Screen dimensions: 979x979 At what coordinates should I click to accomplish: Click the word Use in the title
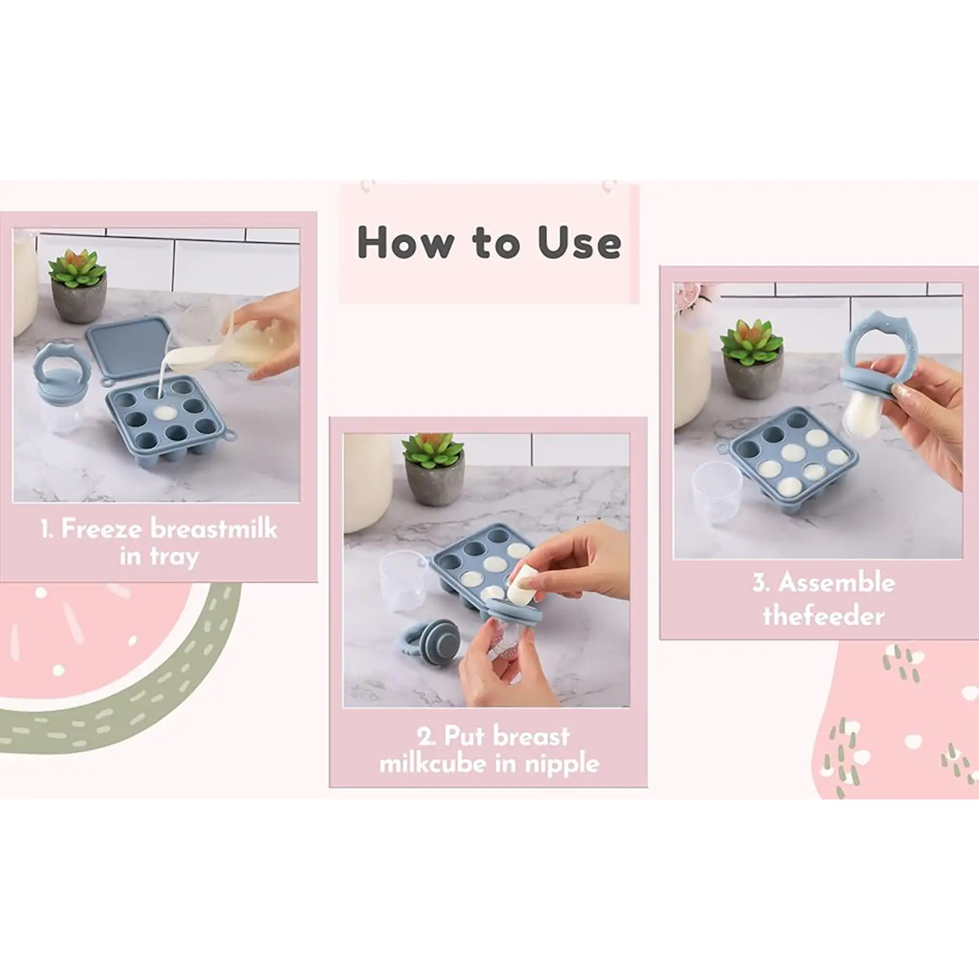coord(579,243)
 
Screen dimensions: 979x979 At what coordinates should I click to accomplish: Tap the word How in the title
coord(405,243)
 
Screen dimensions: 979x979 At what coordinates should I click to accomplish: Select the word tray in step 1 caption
coord(174,557)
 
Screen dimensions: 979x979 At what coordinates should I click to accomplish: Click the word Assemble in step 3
coord(837,582)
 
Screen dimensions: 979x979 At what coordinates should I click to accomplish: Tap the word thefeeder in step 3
coord(824,615)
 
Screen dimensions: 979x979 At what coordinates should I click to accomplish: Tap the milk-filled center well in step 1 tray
coord(165,413)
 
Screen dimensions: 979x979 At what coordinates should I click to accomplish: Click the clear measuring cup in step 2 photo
coord(405,581)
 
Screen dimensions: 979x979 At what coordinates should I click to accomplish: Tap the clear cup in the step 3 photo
coord(717,492)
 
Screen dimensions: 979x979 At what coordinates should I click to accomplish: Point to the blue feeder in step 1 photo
coord(58,388)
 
